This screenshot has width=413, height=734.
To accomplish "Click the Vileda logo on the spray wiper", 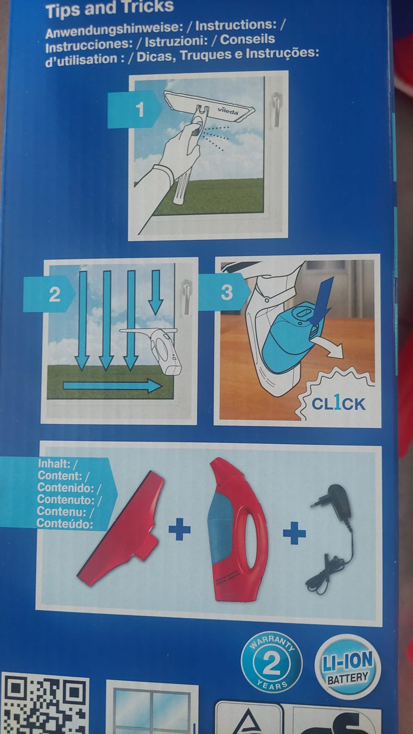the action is [x=228, y=111].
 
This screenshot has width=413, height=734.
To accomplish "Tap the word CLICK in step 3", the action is [x=338, y=403].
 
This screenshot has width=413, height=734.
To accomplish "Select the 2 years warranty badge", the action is [x=271, y=663].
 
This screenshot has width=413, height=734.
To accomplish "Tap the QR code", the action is [x=45, y=704].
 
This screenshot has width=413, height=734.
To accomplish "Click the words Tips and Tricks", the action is [x=110, y=9].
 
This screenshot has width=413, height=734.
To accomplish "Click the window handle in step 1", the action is [x=276, y=109].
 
